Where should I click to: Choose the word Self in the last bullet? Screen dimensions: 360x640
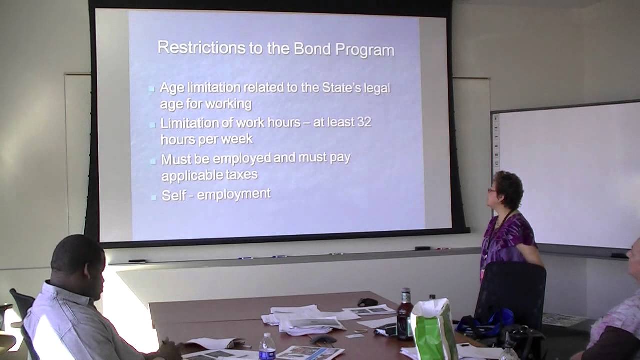[174, 195]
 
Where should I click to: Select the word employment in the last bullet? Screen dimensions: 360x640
[234, 194]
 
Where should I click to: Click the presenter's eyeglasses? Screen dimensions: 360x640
[492, 190]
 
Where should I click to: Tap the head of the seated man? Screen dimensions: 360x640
[77, 259]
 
